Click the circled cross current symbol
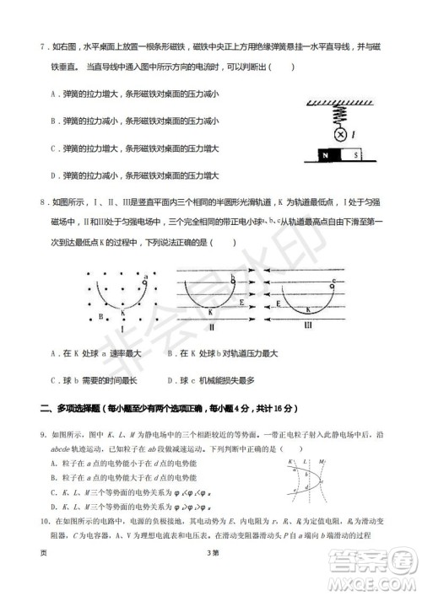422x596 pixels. (x=341, y=134)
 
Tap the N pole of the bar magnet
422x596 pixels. (x=324, y=156)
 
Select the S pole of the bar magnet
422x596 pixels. (x=356, y=156)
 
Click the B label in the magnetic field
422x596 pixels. (x=100, y=317)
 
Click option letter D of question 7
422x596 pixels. (x=52, y=176)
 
